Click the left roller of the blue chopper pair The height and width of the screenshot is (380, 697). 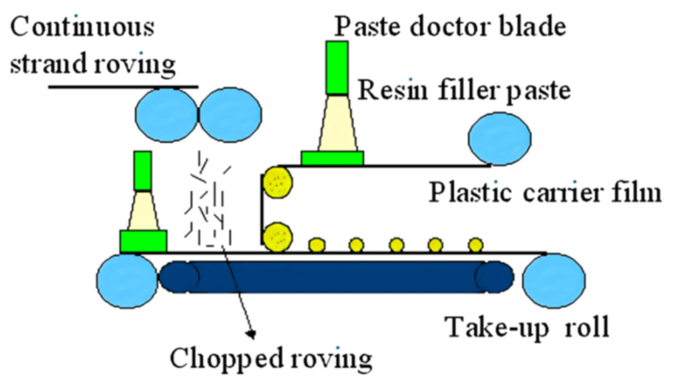[166, 117]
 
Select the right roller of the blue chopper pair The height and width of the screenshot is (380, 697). [232, 117]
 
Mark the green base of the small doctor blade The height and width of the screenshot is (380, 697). [143, 241]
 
